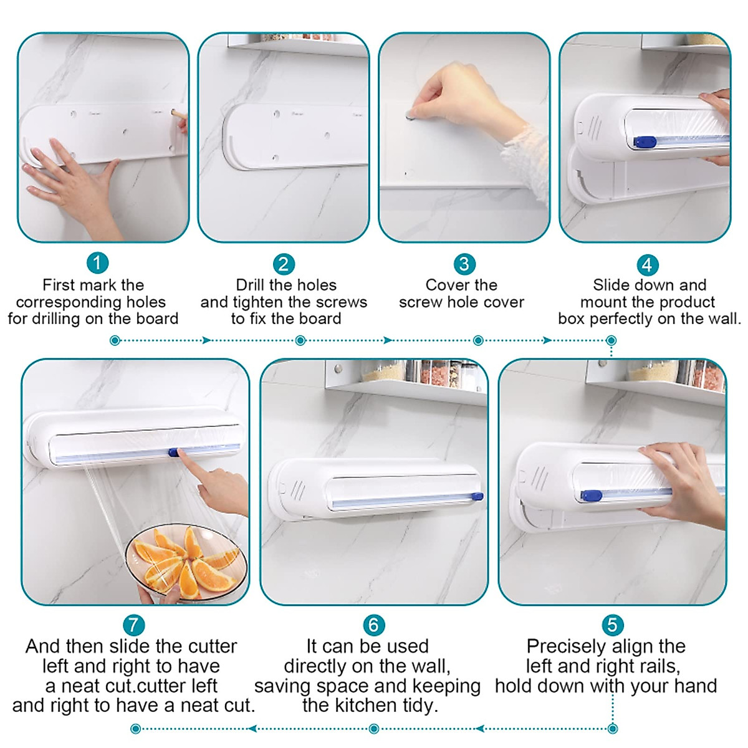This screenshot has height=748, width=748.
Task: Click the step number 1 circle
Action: click(x=97, y=262)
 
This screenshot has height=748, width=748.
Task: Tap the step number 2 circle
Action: click(x=283, y=264)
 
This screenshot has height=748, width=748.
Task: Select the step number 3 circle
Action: click(x=464, y=264)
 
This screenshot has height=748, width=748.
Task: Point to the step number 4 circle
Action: click(x=647, y=265)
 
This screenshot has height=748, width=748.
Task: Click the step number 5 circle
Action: click(x=612, y=625)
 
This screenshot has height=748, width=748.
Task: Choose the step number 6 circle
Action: click(x=373, y=625)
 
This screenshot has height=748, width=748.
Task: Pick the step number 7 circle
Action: click(x=133, y=625)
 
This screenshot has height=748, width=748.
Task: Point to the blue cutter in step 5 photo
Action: click(x=592, y=496)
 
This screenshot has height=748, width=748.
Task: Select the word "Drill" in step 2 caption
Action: click(x=251, y=285)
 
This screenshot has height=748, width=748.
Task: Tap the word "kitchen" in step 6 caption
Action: click(x=372, y=705)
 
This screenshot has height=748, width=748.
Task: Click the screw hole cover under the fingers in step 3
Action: click(x=410, y=115)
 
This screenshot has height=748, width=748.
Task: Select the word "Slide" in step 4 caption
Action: click(x=611, y=285)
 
